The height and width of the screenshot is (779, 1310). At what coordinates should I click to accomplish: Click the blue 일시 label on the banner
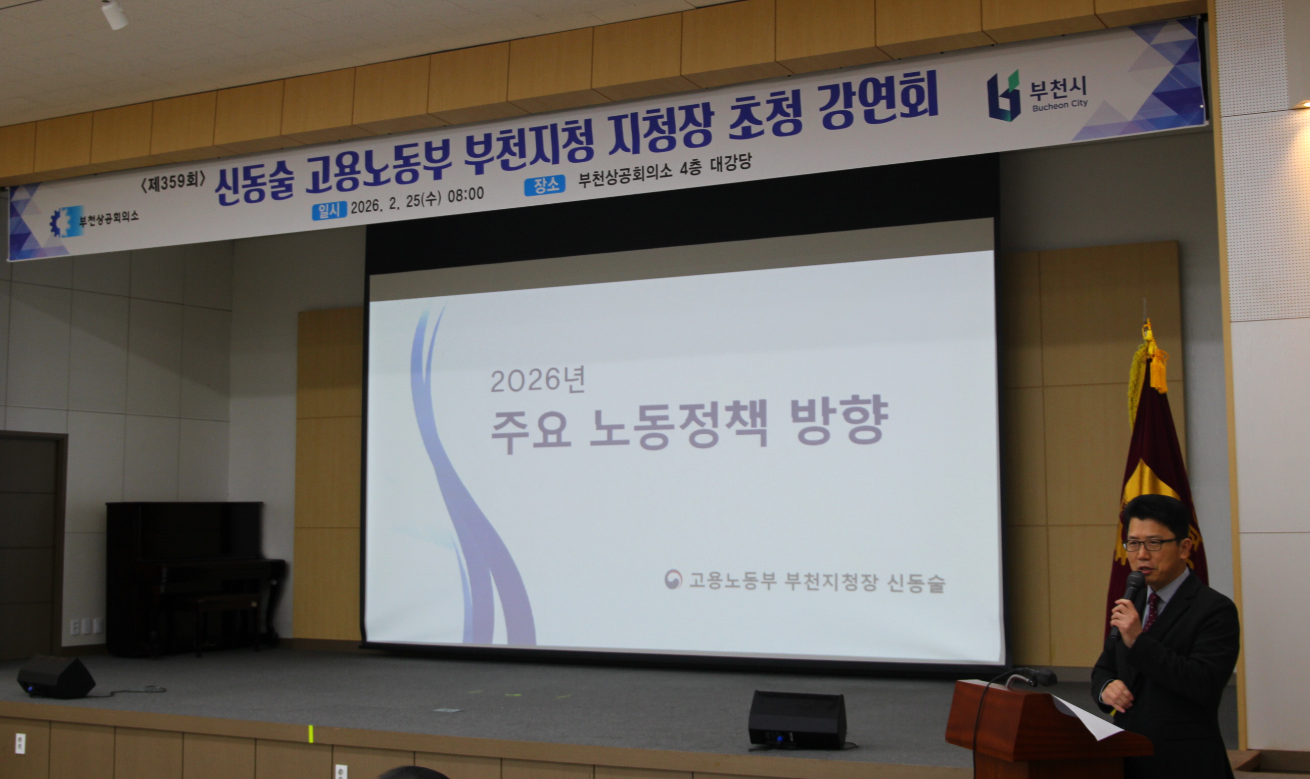[329, 210]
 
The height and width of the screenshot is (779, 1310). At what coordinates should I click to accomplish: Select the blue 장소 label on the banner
[545, 186]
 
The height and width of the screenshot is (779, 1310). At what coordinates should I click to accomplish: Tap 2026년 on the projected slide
[537, 380]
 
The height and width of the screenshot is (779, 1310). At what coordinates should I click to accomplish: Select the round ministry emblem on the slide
[672, 579]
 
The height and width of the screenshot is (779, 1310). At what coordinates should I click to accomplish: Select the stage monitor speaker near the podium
[797, 720]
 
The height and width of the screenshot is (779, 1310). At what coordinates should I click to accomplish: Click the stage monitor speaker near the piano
[56, 677]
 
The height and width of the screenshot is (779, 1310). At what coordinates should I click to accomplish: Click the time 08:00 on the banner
[465, 195]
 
